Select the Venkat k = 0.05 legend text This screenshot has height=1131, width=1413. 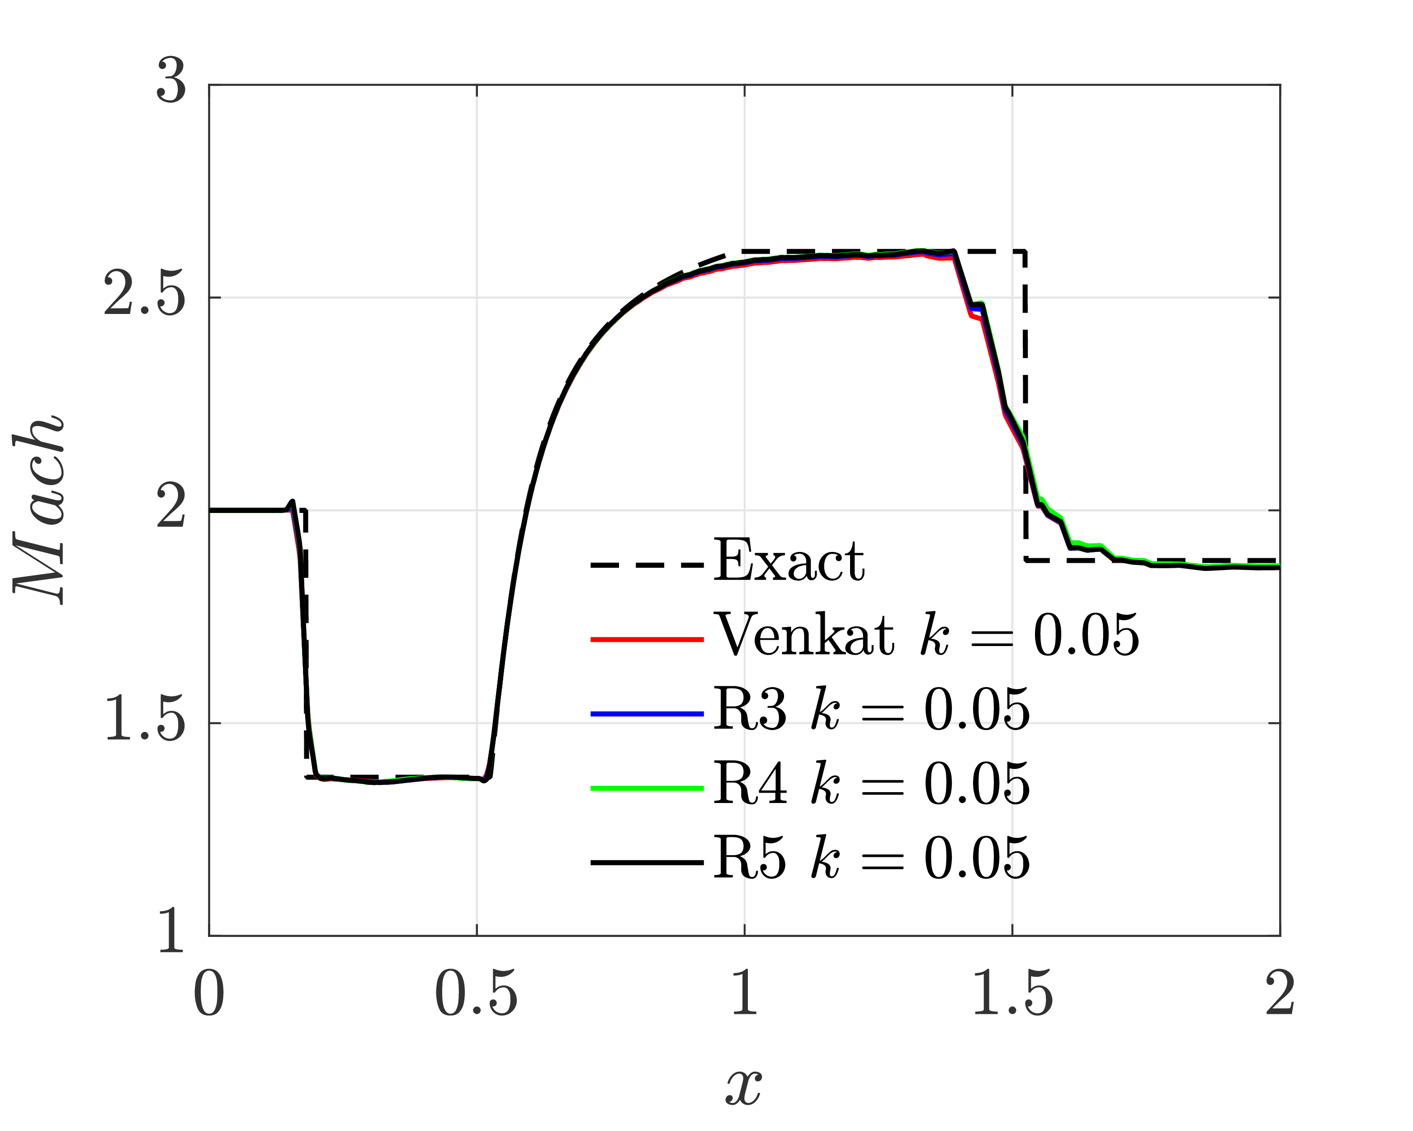(926, 635)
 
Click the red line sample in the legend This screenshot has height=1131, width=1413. (647, 639)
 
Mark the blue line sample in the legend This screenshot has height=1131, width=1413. (647, 713)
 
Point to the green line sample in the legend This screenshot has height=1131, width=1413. (647, 788)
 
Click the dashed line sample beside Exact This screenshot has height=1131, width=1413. (647, 564)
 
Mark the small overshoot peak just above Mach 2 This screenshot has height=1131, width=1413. (292, 502)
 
